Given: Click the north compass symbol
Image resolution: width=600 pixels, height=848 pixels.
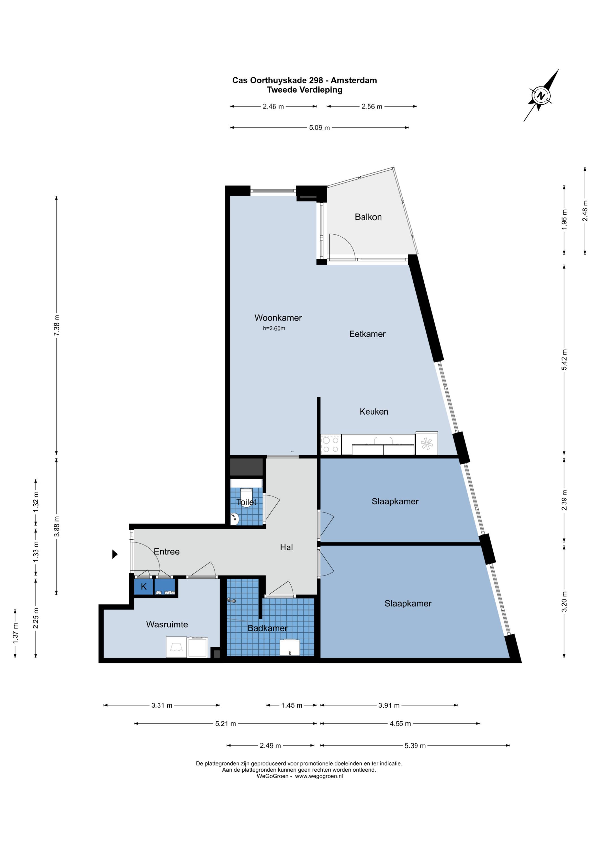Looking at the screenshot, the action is [x=541, y=96].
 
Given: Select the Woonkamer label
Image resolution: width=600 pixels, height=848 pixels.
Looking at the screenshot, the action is [x=278, y=318].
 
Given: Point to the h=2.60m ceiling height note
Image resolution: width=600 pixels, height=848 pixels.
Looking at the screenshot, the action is [x=274, y=328].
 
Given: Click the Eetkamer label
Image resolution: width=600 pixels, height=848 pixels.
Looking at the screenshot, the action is [x=368, y=334].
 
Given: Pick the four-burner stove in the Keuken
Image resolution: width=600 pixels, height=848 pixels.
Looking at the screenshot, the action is [x=331, y=444].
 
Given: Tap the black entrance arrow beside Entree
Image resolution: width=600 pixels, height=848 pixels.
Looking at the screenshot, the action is [x=115, y=554].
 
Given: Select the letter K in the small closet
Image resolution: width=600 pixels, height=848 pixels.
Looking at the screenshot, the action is [x=144, y=587].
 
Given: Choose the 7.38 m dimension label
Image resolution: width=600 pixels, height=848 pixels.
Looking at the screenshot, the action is [x=57, y=325].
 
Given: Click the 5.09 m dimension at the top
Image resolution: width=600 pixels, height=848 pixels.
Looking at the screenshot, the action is [x=320, y=128].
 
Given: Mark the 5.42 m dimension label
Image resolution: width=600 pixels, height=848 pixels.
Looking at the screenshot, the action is [x=564, y=360].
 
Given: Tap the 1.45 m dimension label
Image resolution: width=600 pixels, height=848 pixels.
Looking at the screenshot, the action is [x=292, y=706].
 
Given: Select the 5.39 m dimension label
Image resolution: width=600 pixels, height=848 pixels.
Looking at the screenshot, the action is [x=415, y=746].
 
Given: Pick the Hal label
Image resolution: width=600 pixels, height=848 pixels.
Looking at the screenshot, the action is [x=286, y=547].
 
